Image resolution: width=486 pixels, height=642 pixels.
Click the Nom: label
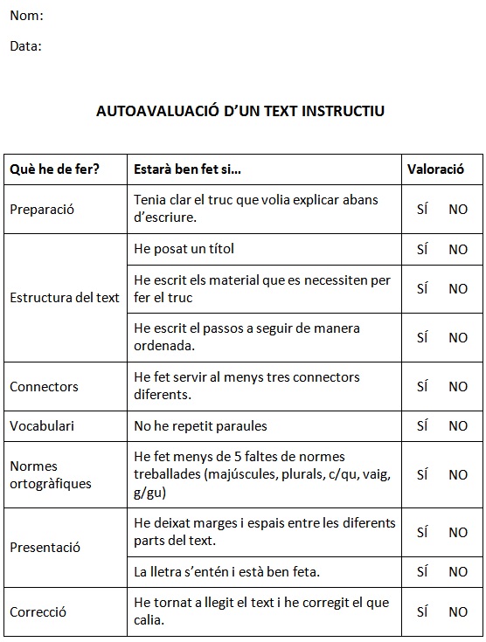pyautogui.click(x=26, y=16)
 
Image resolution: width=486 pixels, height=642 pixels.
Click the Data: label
pyautogui.click(x=26, y=46)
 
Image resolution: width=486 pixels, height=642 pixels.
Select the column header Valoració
pyautogui.click(x=435, y=169)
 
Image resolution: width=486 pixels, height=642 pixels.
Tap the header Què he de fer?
pyautogui.click(x=54, y=169)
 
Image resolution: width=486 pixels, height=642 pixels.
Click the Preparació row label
pyautogui.click(x=42, y=209)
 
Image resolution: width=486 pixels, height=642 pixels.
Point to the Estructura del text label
pyautogui.click(x=65, y=297)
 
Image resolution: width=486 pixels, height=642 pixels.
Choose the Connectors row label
pyautogui.click(x=44, y=386)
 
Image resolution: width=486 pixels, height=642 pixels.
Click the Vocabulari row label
pyautogui.click(x=42, y=426)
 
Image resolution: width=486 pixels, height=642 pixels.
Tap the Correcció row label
pyautogui.click(x=38, y=611)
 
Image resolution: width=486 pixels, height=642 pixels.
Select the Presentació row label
pyautogui.click(x=45, y=548)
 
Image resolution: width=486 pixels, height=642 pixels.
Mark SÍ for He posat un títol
pyautogui.click(x=422, y=249)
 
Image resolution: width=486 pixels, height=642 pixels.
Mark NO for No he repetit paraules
pyautogui.click(x=458, y=426)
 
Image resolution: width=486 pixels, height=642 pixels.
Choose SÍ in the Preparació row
pyautogui.click(x=422, y=209)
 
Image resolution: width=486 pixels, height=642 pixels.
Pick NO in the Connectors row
pyautogui.click(x=458, y=386)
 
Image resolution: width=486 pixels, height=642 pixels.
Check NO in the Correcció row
pyautogui.click(x=458, y=611)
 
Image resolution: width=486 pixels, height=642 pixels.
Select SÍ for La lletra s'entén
pyautogui.click(x=422, y=571)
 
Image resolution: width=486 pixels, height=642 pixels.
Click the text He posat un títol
pyautogui.click(x=184, y=249)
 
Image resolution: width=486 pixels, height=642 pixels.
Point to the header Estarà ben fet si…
pyautogui.click(x=187, y=169)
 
